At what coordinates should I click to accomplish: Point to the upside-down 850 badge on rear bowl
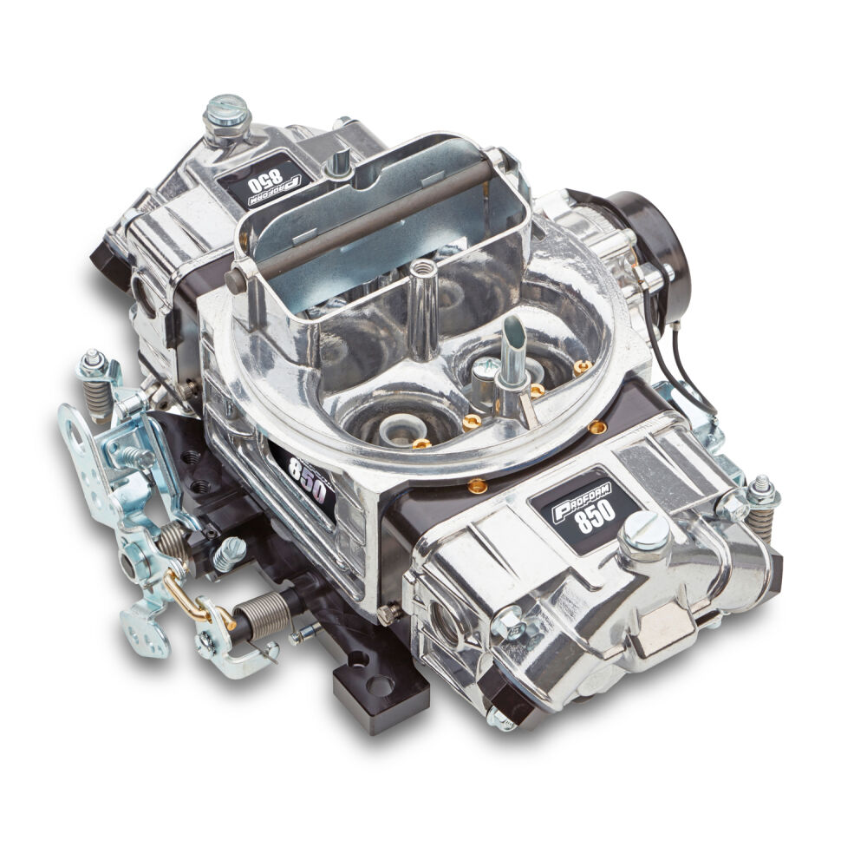coord(268,184)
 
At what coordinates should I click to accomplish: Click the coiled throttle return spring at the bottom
coord(260,614)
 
